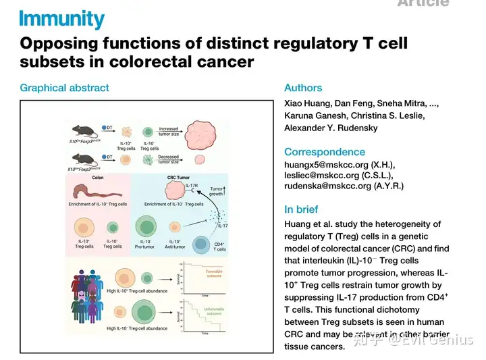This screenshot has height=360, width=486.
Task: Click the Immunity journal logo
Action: (62, 19)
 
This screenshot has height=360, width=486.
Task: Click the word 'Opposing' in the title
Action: (60, 45)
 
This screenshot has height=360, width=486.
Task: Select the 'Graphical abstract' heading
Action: (64, 88)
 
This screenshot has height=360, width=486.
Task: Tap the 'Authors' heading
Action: (303, 88)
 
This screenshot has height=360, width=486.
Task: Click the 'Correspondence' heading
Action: (325, 152)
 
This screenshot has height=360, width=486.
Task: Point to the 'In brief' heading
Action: (301, 209)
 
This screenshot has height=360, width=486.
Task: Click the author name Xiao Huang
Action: (304, 104)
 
